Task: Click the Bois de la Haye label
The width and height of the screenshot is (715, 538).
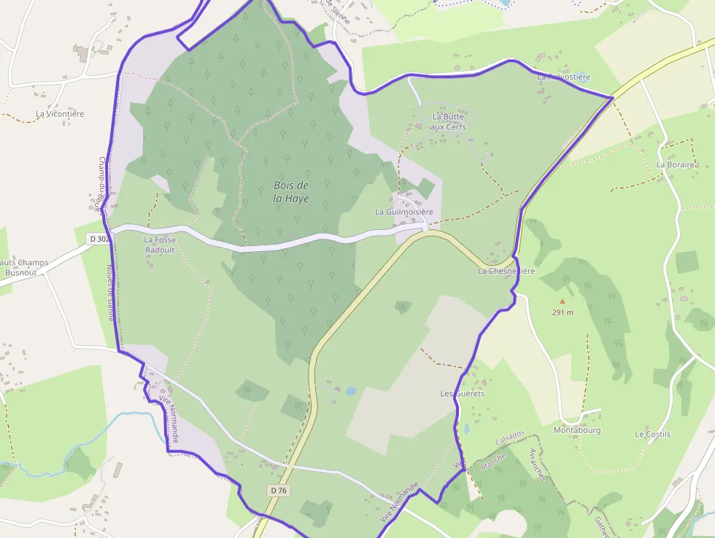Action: pos(290,191)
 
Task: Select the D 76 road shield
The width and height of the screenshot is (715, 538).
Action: pos(279,491)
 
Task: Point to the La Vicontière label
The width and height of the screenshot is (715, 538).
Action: pos(60,114)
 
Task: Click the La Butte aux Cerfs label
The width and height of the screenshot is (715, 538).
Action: pos(448,121)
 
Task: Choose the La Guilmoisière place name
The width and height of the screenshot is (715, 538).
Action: pos(404,212)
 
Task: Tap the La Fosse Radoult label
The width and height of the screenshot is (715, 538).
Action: pos(159,245)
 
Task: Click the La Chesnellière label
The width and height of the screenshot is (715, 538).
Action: pos(506,271)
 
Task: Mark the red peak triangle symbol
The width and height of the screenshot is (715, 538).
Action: pos(562,301)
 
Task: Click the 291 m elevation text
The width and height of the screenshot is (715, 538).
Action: pos(563,312)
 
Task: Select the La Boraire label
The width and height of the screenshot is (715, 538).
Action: pos(675,165)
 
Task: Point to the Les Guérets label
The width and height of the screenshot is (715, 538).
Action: pos(463,393)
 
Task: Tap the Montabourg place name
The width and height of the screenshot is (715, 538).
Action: pos(576,430)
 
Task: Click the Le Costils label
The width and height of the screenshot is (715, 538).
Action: pos(652,434)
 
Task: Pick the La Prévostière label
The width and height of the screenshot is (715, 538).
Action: pos(563,76)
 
